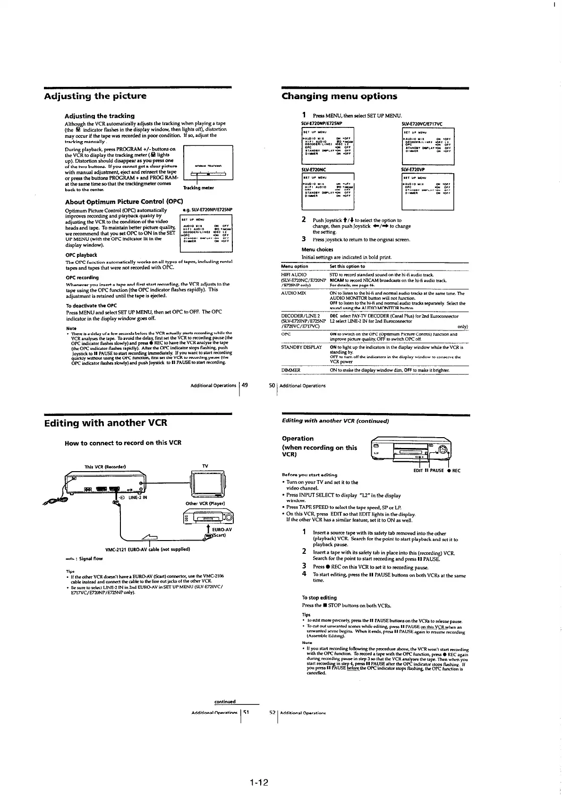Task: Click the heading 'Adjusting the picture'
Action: [95, 96]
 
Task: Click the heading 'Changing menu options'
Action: [339, 96]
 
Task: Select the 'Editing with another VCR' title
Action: [105, 423]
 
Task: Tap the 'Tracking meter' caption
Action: [201, 188]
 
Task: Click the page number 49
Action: [245, 386]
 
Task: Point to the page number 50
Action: [272, 386]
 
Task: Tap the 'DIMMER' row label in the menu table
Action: [291, 370]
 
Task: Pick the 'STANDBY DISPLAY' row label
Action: [301, 347]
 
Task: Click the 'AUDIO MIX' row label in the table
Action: [294, 293]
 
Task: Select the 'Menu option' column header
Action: [295, 266]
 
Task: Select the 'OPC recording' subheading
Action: [82, 278]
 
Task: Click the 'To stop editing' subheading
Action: [319, 598]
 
